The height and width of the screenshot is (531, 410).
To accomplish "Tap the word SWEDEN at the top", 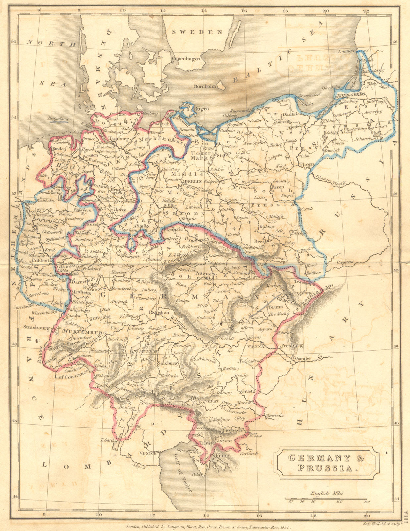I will click(197, 32).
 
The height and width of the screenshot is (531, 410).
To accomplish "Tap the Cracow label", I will click(346, 262).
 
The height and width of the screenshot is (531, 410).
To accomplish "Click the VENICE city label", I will click(148, 453).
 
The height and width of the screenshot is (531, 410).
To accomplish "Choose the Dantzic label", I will click(290, 114).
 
